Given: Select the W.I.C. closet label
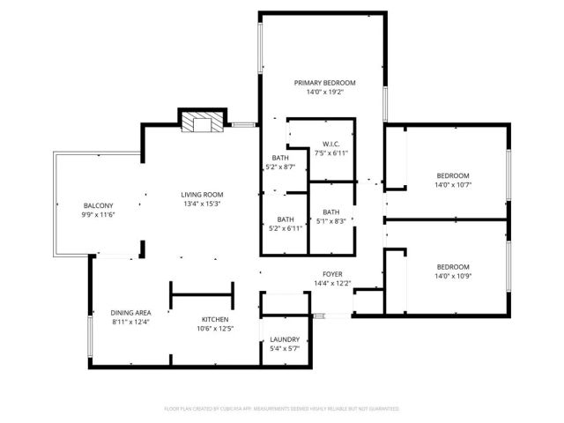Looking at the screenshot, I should [331, 144].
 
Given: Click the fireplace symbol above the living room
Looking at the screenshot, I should [202, 123].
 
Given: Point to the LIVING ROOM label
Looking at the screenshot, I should [202, 195].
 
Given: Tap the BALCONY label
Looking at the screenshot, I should [98, 205].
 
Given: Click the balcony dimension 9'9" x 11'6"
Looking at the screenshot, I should [98, 215].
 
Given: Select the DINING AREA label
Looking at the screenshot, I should [130, 313].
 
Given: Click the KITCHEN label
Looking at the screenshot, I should [215, 319].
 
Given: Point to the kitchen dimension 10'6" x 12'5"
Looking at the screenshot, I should [215, 329].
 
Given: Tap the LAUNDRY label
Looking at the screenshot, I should [285, 339].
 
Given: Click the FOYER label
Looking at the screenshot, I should [332, 273].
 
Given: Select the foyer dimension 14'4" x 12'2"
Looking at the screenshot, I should [332, 283].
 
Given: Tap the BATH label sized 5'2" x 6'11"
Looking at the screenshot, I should [286, 219].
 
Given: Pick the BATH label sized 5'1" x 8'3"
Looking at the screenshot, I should [330, 211].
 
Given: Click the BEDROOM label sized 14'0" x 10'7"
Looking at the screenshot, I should [453, 175].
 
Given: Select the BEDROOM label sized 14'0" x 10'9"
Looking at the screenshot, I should [453, 266].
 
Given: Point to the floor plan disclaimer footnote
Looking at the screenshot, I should [282, 409].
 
